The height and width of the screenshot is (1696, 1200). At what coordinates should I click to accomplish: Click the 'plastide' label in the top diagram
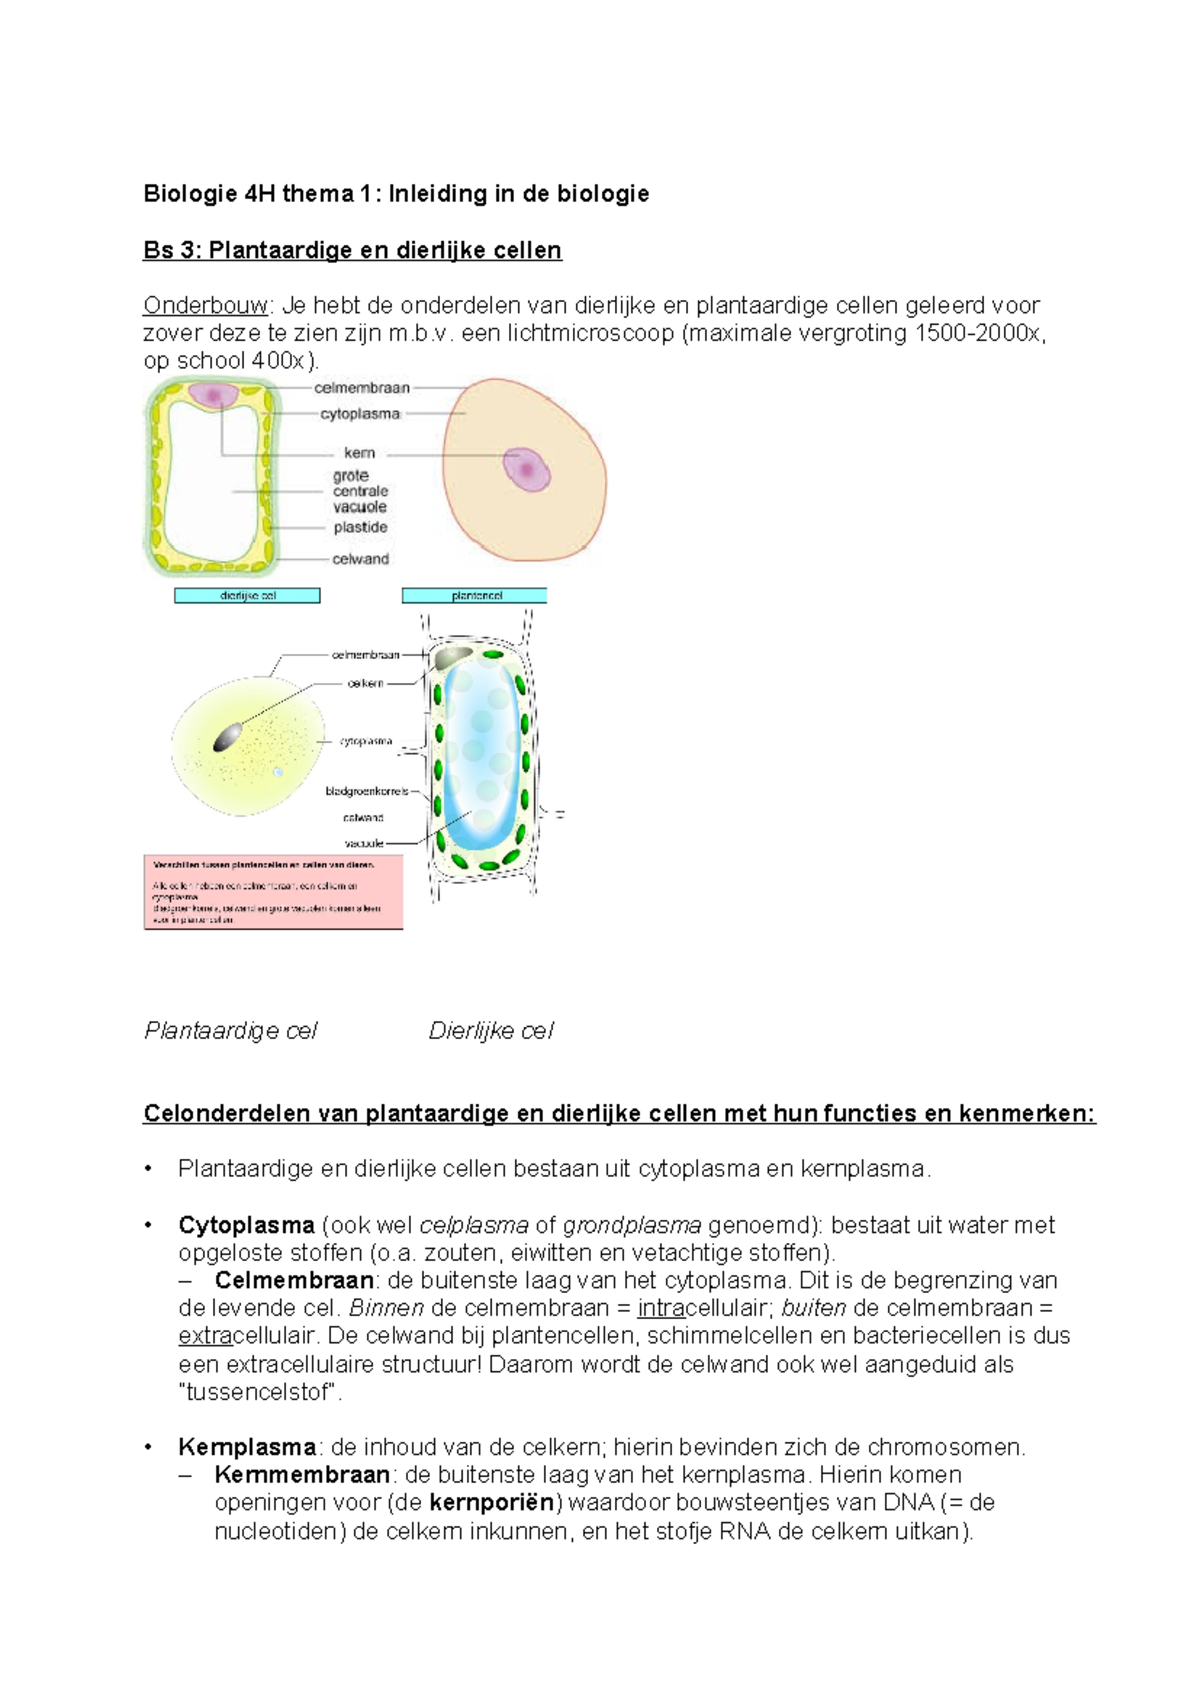pyautogui.click(x=360, y=527)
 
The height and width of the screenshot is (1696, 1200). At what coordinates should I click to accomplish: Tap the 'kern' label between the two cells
pyautogui.click(x=359, y=453)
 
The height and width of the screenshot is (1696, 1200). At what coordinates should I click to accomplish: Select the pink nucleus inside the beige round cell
pyautogui.click(x=526, y=469)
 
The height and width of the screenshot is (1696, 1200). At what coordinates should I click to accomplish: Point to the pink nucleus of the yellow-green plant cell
pyautogui.click(x=212, y=395)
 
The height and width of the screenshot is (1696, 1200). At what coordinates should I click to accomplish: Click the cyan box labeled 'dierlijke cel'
pyautogui.click(x=247, y=596)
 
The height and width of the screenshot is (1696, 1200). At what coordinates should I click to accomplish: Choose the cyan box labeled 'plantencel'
pyautogui.click(x=475, y=596)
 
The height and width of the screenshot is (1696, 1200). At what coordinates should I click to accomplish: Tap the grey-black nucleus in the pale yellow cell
pyautogui.click(x=227, y=738)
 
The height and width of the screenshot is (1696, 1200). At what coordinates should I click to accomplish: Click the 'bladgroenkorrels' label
pyautogui.click(x=366, y=791)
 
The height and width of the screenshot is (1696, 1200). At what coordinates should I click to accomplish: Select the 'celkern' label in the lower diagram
pyautogui.click(x=365, y=683)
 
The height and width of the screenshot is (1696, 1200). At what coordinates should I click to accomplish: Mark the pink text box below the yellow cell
pyautogui.click(x=273, y=892)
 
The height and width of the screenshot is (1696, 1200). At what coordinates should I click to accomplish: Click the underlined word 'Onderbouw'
pyautogui.click(x=205, y=305)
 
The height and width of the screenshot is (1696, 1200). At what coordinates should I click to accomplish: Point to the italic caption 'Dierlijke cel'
pyautogui.click(x=490, y=1031)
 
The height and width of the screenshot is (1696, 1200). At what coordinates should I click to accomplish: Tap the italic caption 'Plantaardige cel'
pyautogui.click(x=230, y=1031)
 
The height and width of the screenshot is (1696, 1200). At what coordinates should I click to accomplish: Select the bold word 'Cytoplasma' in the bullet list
pyautogui.click(x=246, y=1225)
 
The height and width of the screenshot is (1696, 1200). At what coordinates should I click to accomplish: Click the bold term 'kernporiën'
pyautogui.click(x=491, y=1502)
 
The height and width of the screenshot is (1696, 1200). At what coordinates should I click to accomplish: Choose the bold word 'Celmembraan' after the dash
pyautogui.click(x=294, y=1280)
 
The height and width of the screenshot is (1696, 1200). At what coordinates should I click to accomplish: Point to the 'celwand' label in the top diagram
pyautogui.click(x=360, y=559)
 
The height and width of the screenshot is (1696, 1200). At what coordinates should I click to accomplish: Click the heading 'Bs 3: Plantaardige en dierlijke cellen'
pyautogui.click(x=352, y=250)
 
